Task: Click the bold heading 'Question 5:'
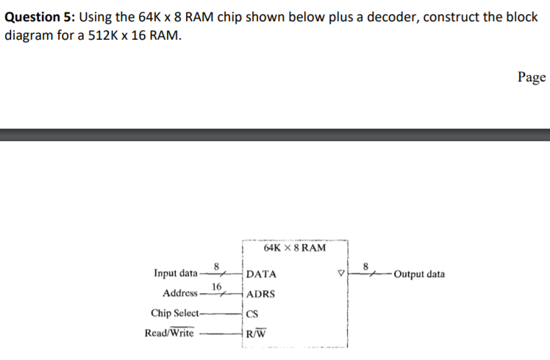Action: coord(43,17)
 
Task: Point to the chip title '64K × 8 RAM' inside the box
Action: coord(294,248)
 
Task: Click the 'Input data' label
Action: coord(175,274)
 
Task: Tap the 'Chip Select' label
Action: coord(176,313)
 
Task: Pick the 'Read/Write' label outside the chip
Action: coord(170,333)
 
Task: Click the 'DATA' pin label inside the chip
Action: coord(262,275)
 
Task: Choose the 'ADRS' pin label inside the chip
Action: coord(261,294)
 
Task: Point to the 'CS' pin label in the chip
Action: coord(253,314)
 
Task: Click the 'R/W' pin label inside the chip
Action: coord(256,334)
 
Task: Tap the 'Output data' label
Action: coord(419,275)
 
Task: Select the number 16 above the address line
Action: coord(217,286)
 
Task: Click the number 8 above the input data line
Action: coord(216,266)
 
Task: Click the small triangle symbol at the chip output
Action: coord(340,275)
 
